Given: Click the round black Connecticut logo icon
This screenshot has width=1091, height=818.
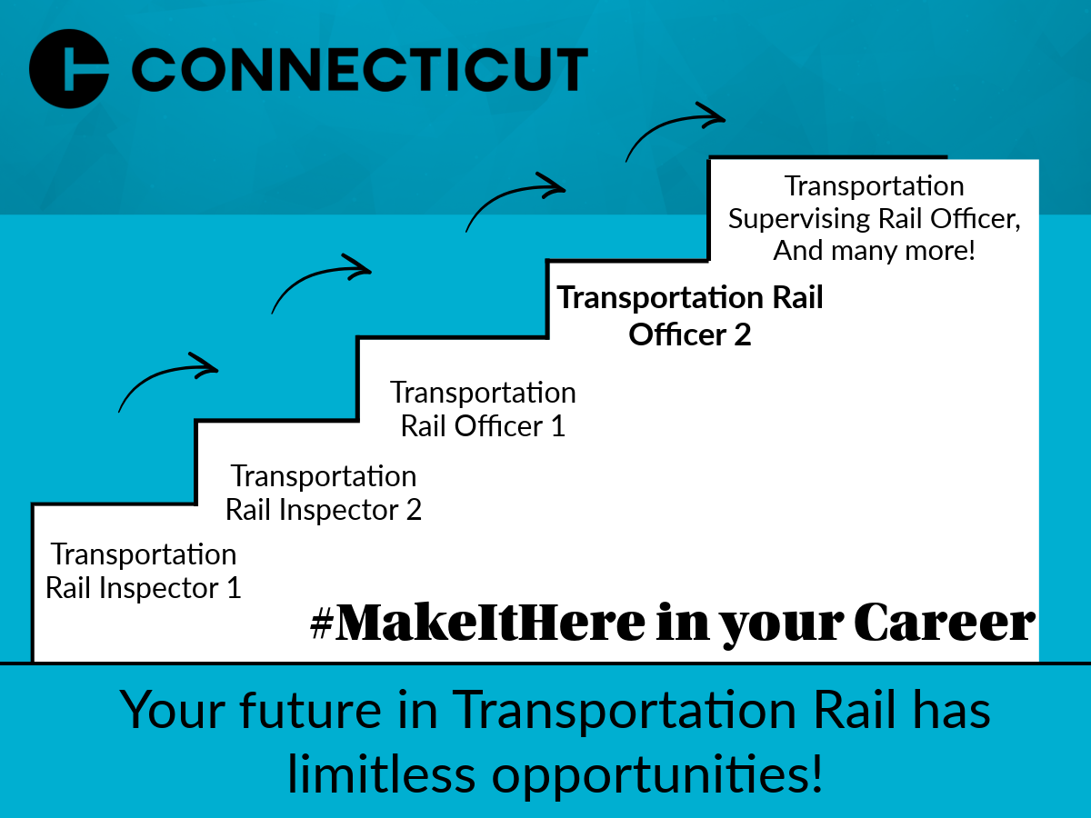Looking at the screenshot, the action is pyautogui.click(x=69, y=68).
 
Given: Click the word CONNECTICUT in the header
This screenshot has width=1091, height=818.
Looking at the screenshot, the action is pyautogui.click(x=360, y=70).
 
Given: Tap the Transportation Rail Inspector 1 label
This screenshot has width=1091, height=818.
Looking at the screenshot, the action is pyautogui.click(x=143, y=571).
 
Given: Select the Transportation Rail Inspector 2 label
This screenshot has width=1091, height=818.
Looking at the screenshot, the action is pyautogui.click(x=324, y=493).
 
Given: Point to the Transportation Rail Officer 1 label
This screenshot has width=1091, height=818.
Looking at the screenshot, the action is pyautogui.click(x=483, y=409).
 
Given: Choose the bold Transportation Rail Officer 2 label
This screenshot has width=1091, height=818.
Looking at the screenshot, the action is pyautogui.click(x=690, y=315).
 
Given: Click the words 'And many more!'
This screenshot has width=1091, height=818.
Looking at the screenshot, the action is pyautogui.click(x=874, y=250).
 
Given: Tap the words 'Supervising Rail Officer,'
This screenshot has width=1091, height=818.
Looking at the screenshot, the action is pyautogui.click(x=875, y=219).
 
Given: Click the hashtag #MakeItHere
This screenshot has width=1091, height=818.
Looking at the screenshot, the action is pyautogui.click(x=477, y=622).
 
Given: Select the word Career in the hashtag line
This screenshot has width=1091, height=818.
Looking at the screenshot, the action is pyautogui.click(x=945, y=623).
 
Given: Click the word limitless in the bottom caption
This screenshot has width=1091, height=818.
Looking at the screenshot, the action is pyautogui.click(x=382, y=773).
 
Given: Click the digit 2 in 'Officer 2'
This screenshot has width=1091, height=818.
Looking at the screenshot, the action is pyautogui.click(x=743, y=334).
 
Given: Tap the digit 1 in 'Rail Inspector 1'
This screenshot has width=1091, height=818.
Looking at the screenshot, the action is pyautogui.click(x=234, y=588).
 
